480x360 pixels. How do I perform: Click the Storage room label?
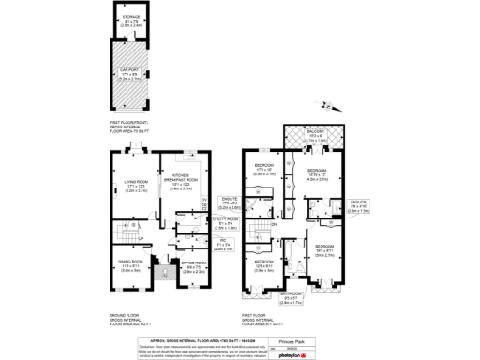[x=130, y=19]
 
